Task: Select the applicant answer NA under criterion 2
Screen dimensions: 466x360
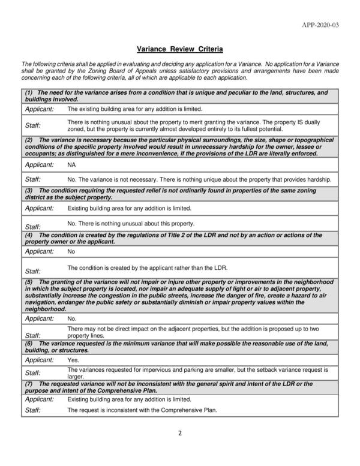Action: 71,164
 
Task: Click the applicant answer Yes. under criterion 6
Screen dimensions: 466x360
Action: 73,360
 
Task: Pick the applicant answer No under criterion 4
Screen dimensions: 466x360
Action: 71,252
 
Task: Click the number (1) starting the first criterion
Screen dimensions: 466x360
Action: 29,93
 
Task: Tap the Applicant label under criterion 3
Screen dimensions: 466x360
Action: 39,208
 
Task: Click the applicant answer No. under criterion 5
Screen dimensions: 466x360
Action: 71,318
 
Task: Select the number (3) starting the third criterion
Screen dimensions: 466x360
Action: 29,190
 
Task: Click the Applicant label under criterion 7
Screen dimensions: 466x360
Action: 39,399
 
